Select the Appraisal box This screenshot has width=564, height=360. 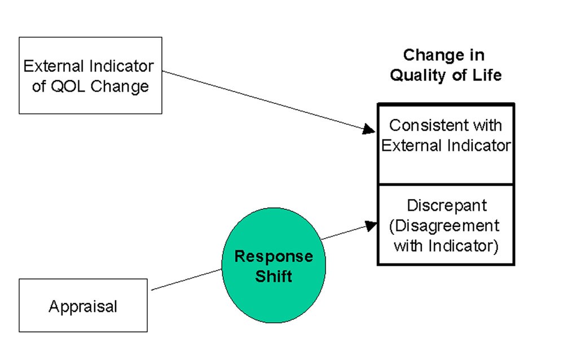click(83, 305)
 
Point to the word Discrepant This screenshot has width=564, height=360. click(446, 205)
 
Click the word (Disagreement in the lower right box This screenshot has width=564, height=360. click(444, 226)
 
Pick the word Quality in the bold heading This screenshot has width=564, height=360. click(418, 75)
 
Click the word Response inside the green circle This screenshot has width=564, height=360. click(274, 257)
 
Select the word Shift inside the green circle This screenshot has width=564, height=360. click(274, 277)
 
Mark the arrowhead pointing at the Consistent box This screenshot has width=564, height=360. click(369, 130)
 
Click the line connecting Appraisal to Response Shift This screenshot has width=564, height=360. click(186, 279)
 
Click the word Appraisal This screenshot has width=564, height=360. click(83, 306)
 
